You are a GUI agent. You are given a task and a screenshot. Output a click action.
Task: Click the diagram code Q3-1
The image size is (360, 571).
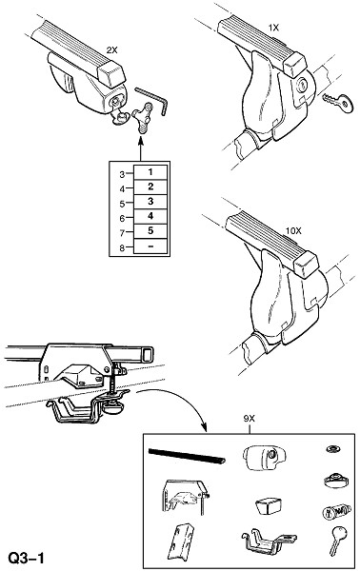pyautogui.click(x=27, y=558)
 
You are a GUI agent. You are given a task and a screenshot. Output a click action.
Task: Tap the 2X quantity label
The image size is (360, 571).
pyautogui.click(x=111, y=51)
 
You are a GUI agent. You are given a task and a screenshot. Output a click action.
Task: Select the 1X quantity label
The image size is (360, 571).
pyautogui.click(x=273, y=28)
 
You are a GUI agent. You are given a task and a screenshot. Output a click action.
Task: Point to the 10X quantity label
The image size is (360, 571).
pyautogui.click(x=293, y=231)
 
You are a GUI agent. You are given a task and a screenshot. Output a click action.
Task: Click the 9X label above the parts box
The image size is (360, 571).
pyautogui.click(x=250, y=419)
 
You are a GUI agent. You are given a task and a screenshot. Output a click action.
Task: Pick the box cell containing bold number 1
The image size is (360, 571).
pyautogui.click(x=150, y=172)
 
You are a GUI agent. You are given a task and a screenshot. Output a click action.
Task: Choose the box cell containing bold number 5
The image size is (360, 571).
pyautogui.click(x=150, y=231)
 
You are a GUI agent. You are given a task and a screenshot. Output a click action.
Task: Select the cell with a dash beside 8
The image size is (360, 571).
pyautogui.click(x=150, y=246)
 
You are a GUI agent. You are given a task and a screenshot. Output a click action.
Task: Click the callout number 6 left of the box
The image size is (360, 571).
pyautogui.click(x=122, y=218)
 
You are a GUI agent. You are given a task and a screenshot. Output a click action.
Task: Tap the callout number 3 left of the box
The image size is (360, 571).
pyautogui.click(x=122, y=174)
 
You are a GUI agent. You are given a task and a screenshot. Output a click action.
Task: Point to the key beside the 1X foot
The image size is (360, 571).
pyautogui.click(x=338, y=103)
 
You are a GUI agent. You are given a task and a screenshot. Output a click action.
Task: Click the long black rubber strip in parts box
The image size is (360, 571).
pyautogui.click(x=187, y=456)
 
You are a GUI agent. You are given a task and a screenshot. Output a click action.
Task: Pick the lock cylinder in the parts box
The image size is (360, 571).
pyautogui.click(x=336, y=512)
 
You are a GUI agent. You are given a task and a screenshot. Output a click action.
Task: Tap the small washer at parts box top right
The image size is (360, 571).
pyautogui.click(x=332, y=448)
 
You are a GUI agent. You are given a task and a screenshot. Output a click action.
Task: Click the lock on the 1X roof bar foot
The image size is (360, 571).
pyautogui.click(x=302, y=86)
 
